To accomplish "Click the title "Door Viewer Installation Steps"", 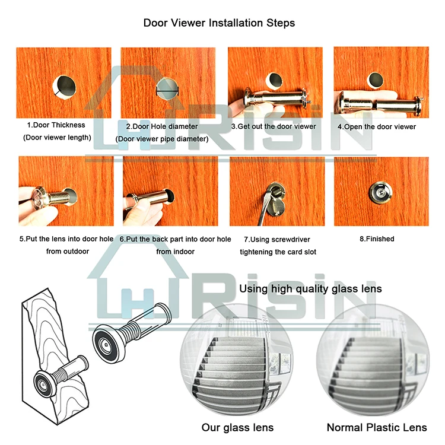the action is (x=219, y=23).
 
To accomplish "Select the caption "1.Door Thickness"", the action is (x=56, y=125).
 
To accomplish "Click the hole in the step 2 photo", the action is (x=167, y=89).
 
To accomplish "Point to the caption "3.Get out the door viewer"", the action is (x=274, y=126).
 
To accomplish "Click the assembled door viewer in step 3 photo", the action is (x=276, y=98).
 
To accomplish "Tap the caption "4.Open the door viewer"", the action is (x=377, y=127).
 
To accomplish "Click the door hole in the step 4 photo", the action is (x=376, y=80).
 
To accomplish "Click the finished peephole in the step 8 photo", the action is (x=381, y=192).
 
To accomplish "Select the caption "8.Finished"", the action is (x=377, y=239).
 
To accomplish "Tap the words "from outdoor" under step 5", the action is (x=68, y=252).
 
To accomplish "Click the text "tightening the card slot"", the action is (x=278, y=252).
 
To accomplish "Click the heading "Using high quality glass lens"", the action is (x=310, y=289).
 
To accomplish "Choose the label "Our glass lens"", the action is (x=237, y=427).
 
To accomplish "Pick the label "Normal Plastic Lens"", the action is (x=377, y=427).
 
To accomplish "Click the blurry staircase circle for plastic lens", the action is (x=373, y=360).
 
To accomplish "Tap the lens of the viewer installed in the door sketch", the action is (x=43, y=384).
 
